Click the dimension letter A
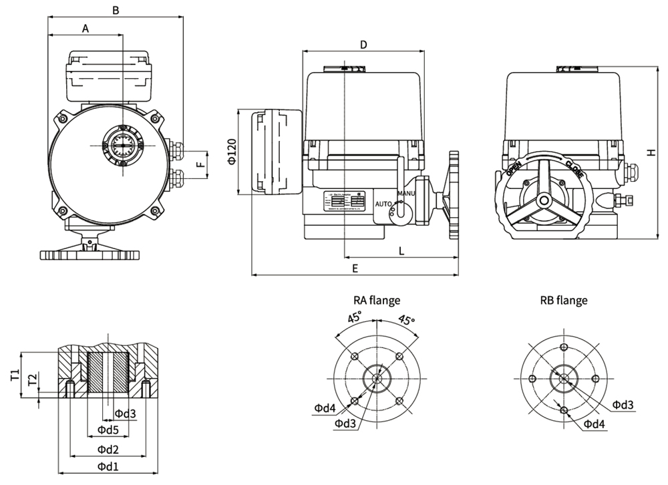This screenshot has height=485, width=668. [85, 28]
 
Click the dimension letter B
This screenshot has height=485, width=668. [116, 10]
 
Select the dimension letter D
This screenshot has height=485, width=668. [363, 45]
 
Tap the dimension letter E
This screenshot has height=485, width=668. [355, 268]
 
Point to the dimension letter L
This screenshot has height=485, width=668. [401, 251]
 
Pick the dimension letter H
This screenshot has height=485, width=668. [651, 152]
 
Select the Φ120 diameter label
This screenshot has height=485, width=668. [231, 152]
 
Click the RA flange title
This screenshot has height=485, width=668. [377, 300]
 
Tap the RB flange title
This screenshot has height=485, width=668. [564, 300]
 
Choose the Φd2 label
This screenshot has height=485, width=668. [108, 448]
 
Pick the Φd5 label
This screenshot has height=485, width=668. [108, 430]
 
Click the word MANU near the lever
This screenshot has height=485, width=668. [406, 194]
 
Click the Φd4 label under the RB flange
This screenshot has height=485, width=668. [594, 424]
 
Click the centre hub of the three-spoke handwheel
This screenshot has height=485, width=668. [544, 200]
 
